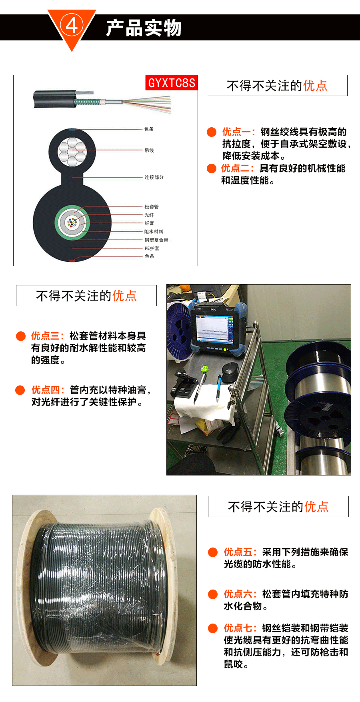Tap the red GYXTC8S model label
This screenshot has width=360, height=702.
(x=171, y=83)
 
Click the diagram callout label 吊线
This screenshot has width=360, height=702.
(x=149, y=150)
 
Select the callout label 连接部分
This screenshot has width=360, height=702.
(x=154, y=177)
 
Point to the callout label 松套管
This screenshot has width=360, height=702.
(x=152, y=207)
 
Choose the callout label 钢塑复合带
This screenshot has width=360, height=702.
(x=156, y=240)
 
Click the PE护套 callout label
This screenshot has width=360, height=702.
(x=152, y=249)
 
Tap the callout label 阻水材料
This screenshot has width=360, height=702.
(x=154, y=232)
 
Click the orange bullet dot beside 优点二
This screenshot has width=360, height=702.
(x=212, y=168)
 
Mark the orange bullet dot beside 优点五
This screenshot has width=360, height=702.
(x=213, y=552)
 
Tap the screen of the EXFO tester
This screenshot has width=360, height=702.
(x=212, y=326)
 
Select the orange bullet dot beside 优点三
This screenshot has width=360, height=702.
(x=21, y=336)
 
